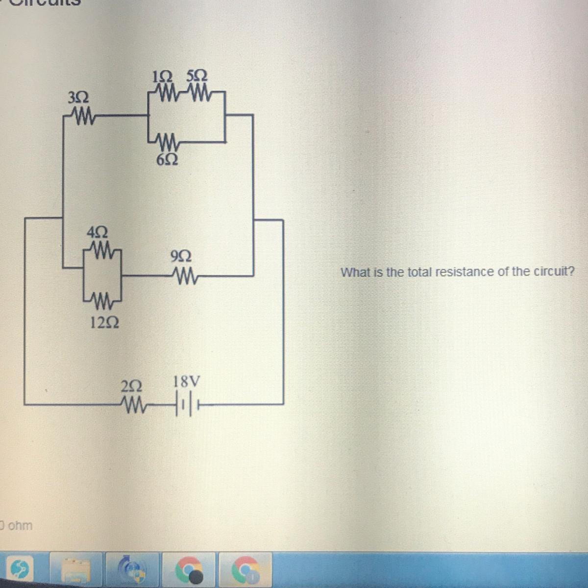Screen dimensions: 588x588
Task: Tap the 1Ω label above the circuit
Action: pyautogui.click(x=162, y=76)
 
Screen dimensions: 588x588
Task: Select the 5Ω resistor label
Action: pyautogui.click(x=196, y=76)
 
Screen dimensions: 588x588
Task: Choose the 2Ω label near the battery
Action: pyautogui.click(x=131, y=386)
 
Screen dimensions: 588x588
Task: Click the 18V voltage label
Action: pyautogui.click(x=187, y=381)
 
